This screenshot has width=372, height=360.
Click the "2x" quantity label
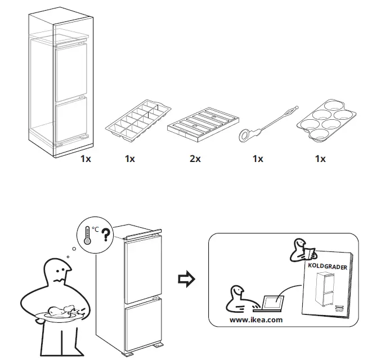click(x=195, y=159)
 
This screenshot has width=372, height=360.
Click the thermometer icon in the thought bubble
click(x=87, y=236)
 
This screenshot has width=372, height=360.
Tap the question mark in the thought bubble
click(x=105, y=235)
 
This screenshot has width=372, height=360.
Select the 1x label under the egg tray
click(x=320, y=159)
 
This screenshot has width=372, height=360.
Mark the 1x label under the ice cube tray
click(x=130, y=159)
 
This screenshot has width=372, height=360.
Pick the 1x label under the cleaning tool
click(x=258, y=159)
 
